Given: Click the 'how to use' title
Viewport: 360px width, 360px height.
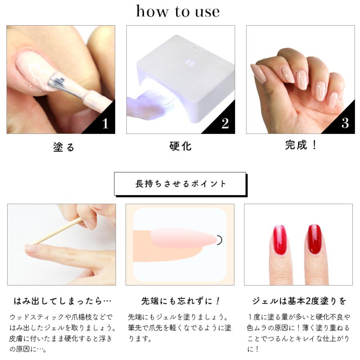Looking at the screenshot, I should pyautogui.click(x=178, y=11).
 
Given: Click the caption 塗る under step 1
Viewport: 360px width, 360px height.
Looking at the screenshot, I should pyautogui.click(x=64, y=147).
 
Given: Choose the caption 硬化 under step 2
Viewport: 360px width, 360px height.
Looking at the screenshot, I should pyautogui.click(x=180, y=146).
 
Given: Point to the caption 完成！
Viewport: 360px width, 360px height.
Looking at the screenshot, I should pyautogui.click(x=301, y=145).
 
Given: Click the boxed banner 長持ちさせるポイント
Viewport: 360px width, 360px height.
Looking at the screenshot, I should pyautogui.click(x=180, y=184).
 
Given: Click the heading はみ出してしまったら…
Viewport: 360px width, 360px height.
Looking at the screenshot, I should pyautogui.click(x=62, y=301).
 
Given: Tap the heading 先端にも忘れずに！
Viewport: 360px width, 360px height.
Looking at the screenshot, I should pyautogui.click(x=180, y=301).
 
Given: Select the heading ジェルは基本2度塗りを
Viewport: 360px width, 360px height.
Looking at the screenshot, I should pyautogui.click(x=299, y=301).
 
